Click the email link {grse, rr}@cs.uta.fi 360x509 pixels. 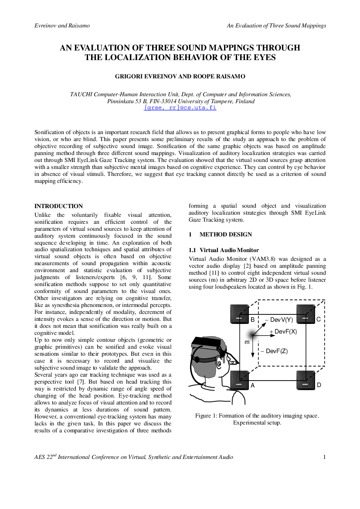click(180, 108)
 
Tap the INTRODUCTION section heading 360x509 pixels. click(58, 206)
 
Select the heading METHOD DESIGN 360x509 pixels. click(225, 234)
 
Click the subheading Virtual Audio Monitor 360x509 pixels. click(229, 250)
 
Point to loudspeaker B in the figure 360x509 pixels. click(239, 314)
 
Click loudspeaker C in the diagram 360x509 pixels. click(306, 314)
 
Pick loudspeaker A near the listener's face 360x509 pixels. click(239, 380)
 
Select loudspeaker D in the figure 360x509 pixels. click(306, 380)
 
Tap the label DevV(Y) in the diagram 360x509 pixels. click(279, 320)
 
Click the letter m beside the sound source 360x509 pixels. click(247, 342)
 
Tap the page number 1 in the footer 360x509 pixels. click(324, 457)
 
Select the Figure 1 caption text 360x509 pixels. click(257, 419)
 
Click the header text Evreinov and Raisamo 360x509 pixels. click(62, 26)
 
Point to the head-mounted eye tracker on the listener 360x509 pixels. click(208, 345)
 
